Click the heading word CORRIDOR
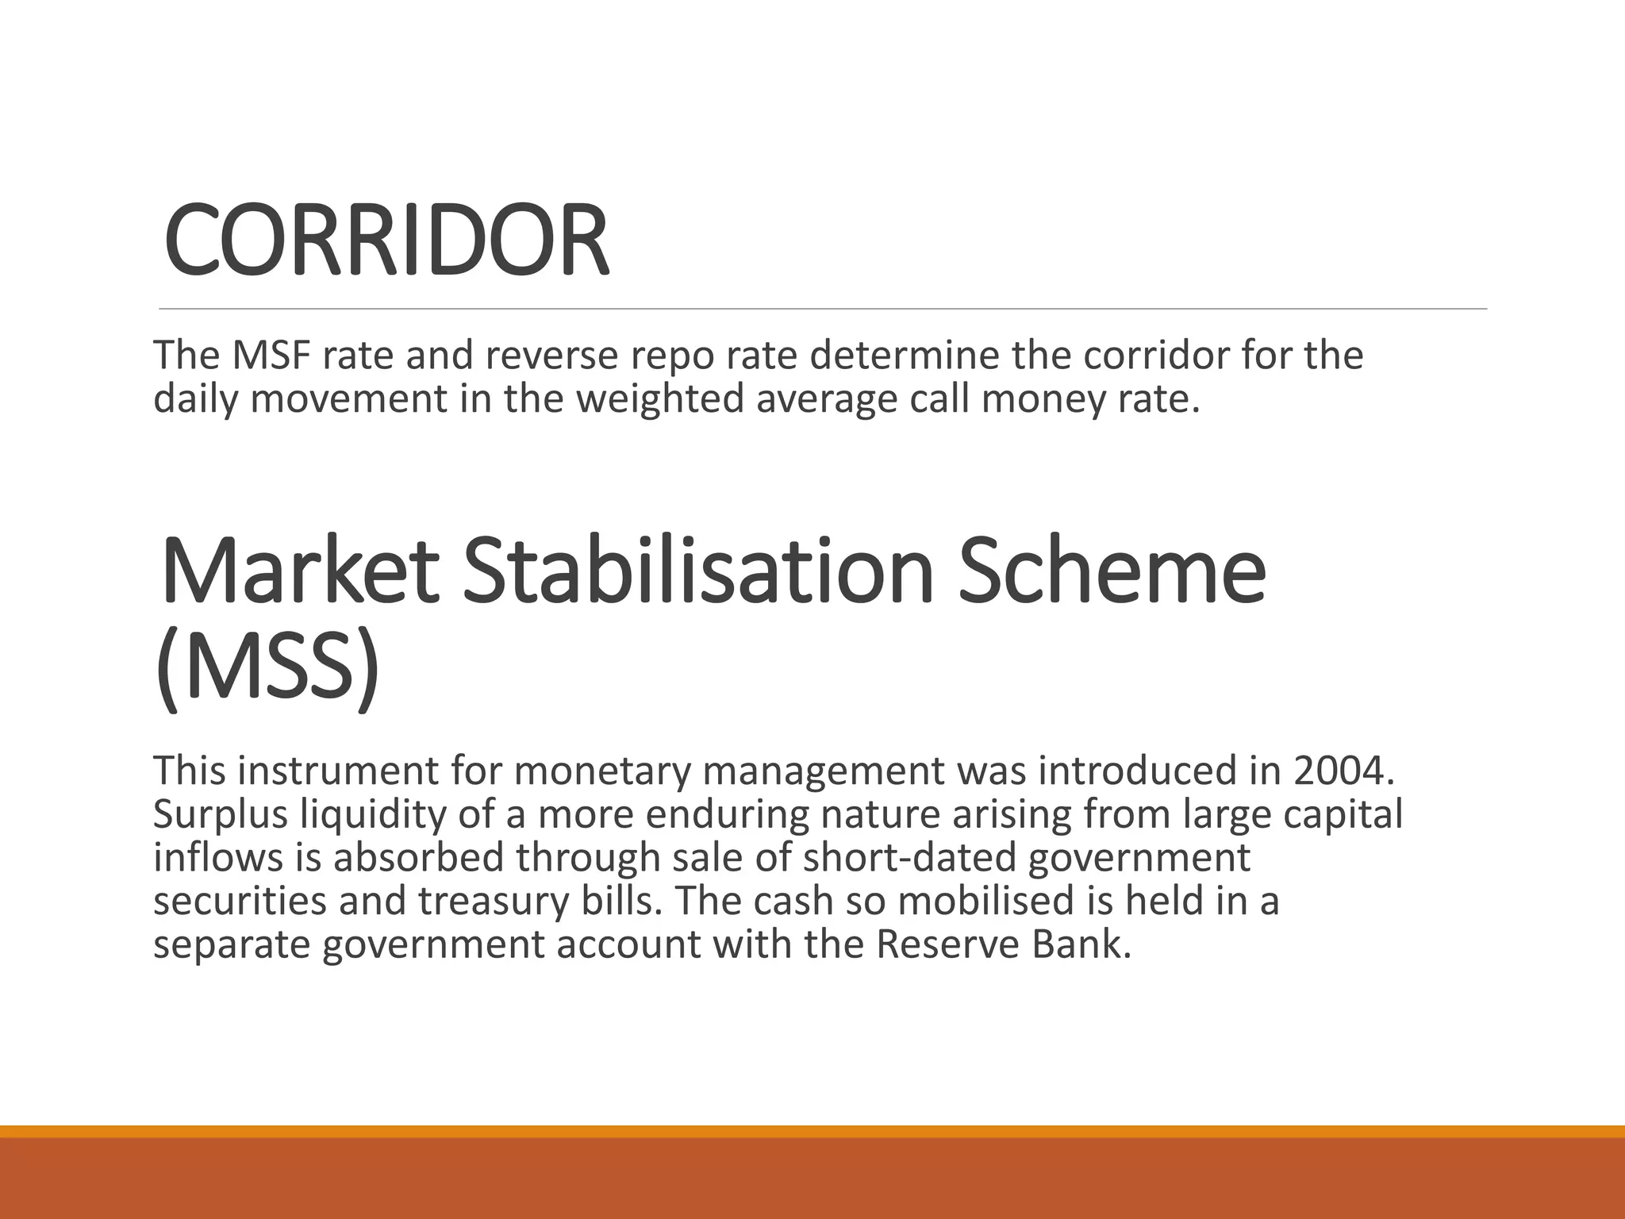(386, 240)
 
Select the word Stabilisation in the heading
(698, 571)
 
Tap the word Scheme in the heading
(1111, 571)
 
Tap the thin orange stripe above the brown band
(812, 1131)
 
